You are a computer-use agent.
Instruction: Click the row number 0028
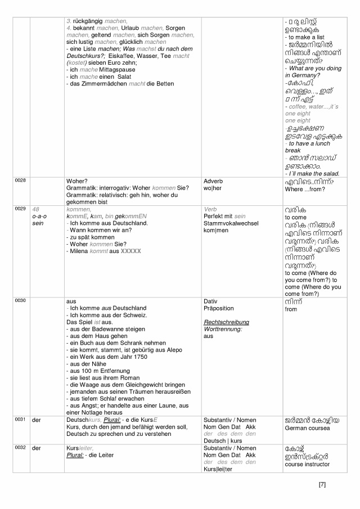pyautogui.click(x=20, y=180)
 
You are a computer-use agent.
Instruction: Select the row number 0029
pyautogui.click(x=20, y=209)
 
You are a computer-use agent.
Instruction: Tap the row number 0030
pyautogui.click(x=20, y=301)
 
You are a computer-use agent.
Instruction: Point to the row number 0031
pyautogui.click(x=20, y=419)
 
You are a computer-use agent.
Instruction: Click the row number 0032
pyautogui.click(x=20, y=448)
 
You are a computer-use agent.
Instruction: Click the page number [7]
pyautogui.click(x=322, y=484)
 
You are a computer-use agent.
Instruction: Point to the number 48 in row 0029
pyautogui.click(x=36, y=209)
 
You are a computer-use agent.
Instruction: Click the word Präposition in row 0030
pyautogui.click(x=218, y=308)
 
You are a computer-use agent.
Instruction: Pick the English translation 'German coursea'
pyautogui.click(x=307, y=429)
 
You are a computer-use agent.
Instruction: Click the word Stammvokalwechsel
pyautogui.click(x=228, y=223)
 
